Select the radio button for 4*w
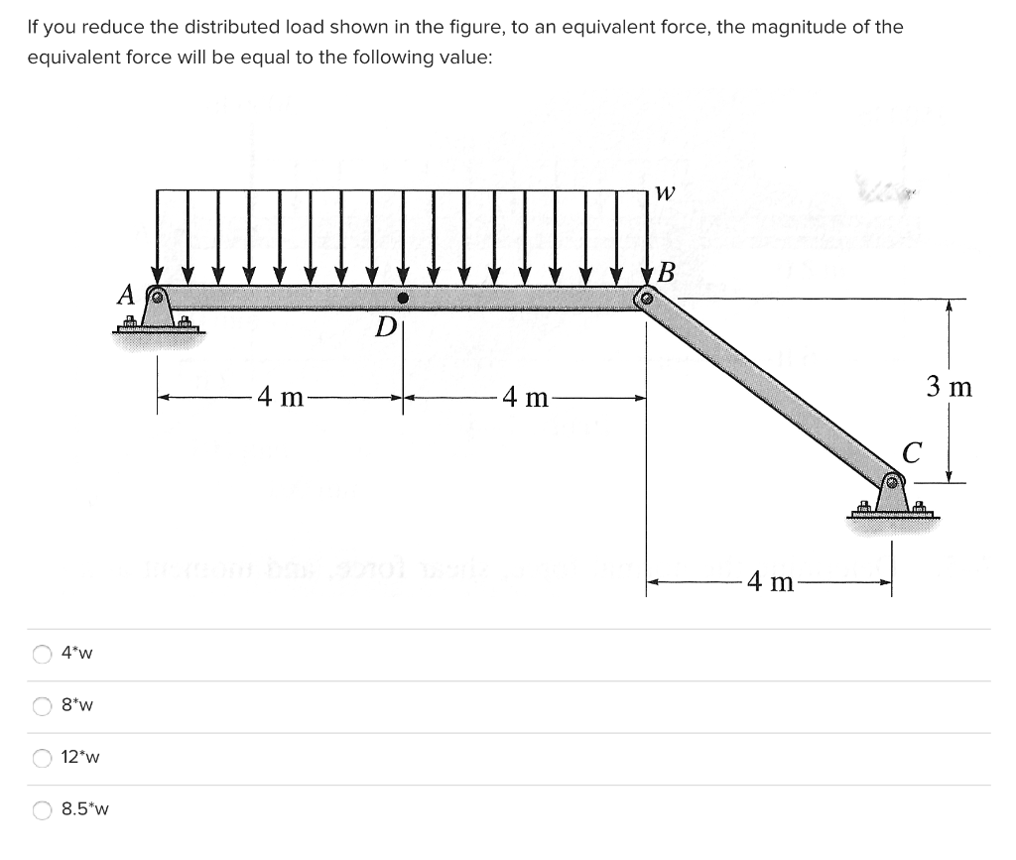coord(43,654)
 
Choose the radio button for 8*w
coord(43,706)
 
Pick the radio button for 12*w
coord(43,758)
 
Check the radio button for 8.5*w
coord(43,809)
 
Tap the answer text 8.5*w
coord(84,809)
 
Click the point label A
coord(125,295)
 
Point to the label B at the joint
coord(668,273)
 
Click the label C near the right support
coord(912,452)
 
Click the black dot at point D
coord(403,298)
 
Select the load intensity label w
coord(666,194)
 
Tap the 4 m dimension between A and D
coord(281,399)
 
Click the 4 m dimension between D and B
coord(525,399)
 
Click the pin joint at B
coord(647,298)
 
